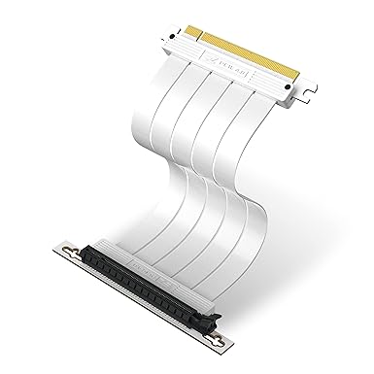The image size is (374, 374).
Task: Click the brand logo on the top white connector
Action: click(x=225, y=69)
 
